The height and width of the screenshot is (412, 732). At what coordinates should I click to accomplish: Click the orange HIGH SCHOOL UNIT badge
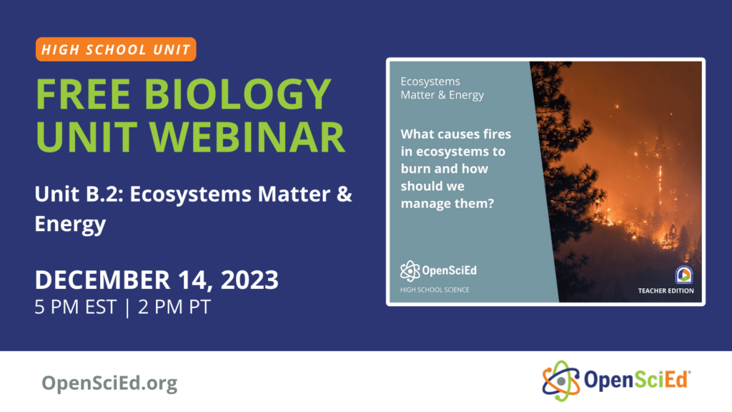point(115,49)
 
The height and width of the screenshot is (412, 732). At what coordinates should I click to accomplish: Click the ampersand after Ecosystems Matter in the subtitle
point(344,195)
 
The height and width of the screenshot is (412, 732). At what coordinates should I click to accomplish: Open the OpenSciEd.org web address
point(109,383)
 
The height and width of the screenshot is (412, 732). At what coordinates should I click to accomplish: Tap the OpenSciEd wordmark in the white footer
point(632,380)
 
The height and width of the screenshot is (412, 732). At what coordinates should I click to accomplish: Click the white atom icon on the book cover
point(410,270)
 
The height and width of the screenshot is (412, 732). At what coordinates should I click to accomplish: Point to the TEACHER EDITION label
point(666,290)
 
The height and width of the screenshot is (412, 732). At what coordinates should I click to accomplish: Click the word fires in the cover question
point(497,134)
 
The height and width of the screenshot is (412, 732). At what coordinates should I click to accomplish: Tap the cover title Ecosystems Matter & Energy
point(442,88)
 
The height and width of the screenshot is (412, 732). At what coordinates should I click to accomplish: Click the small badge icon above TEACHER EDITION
point(683,274)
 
